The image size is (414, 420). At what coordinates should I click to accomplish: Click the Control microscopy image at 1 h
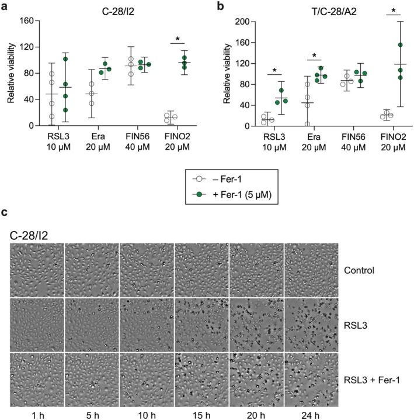click(36, 270)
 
